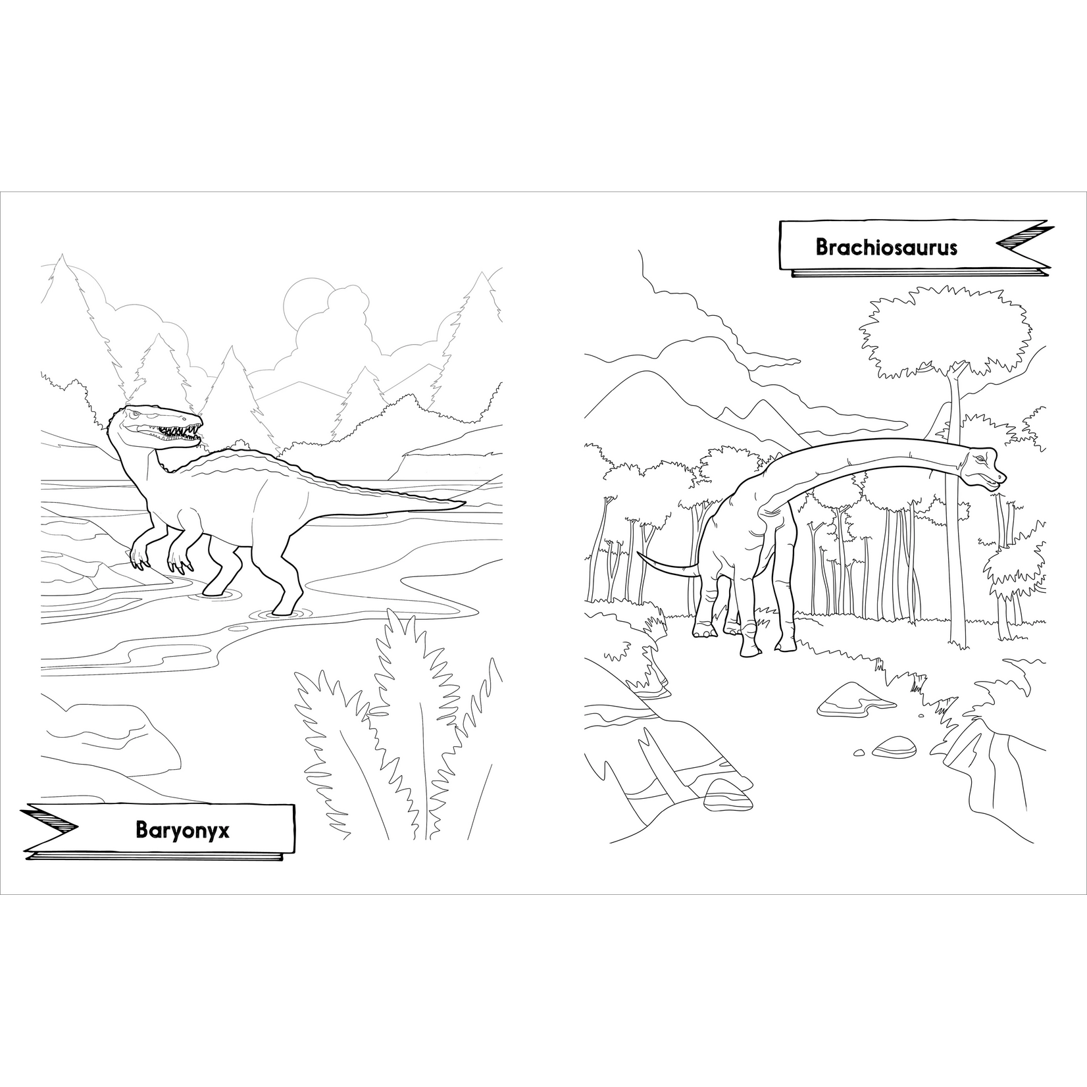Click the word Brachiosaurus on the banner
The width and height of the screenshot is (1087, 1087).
[x=886, y=247]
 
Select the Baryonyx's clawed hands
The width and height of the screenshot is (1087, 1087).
[x=158, y=556]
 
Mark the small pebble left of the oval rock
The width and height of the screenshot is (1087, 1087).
[x=859, y=751]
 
